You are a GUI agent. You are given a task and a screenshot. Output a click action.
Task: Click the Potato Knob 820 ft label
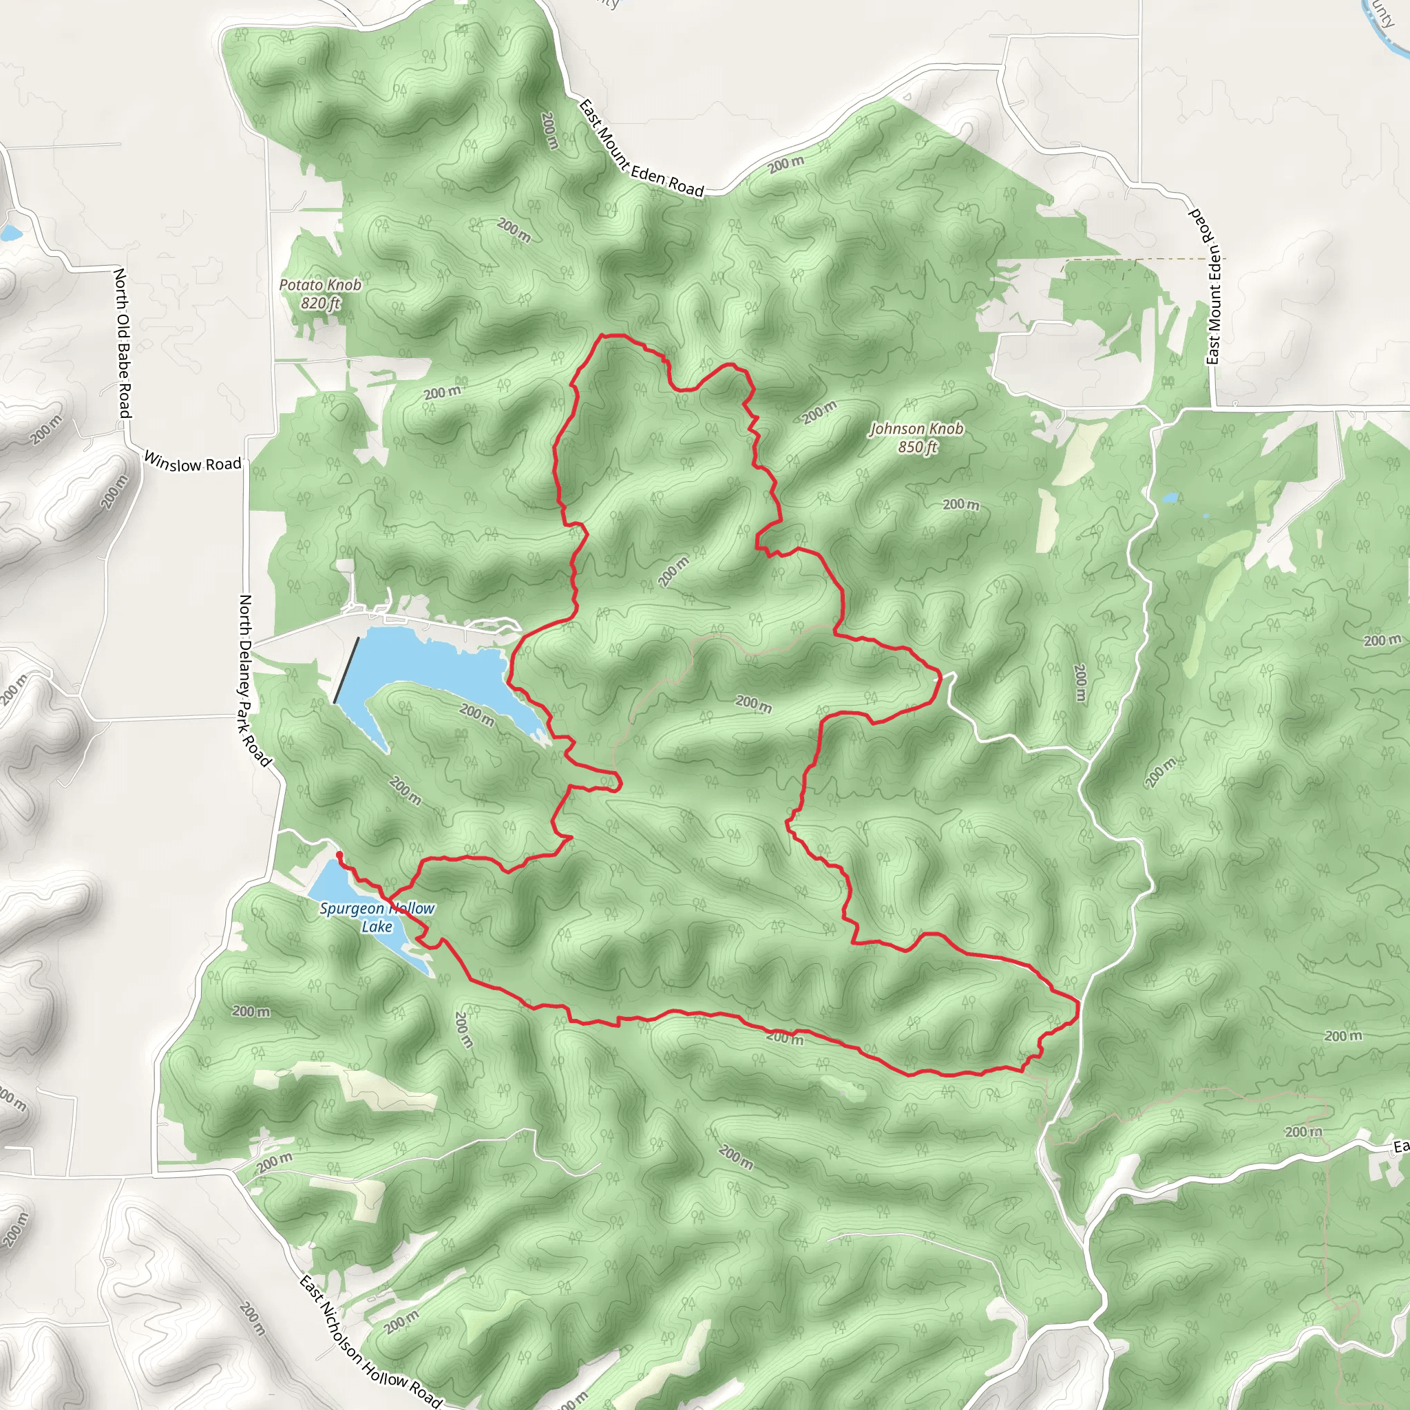[x=320, y=293]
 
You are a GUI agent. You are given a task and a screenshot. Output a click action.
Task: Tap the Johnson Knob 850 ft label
[x=916, y=438]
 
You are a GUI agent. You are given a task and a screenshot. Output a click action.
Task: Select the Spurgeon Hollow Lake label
[x=377, y=917]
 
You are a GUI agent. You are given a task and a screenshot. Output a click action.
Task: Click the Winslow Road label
[x=192, y=462]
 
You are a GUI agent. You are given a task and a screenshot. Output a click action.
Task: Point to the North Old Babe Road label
[x=123, y=343]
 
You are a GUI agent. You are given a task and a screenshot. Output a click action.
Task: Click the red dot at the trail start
[x=339, y=854]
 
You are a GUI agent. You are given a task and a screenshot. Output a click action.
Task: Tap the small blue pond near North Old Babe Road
[x=10, y=233]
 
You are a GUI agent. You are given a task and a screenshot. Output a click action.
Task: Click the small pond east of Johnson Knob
[x=1170, y=498]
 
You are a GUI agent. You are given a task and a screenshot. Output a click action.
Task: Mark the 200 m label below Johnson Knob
[x=960, y=504]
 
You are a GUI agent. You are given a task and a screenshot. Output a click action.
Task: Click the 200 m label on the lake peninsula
[x=477, y=715]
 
